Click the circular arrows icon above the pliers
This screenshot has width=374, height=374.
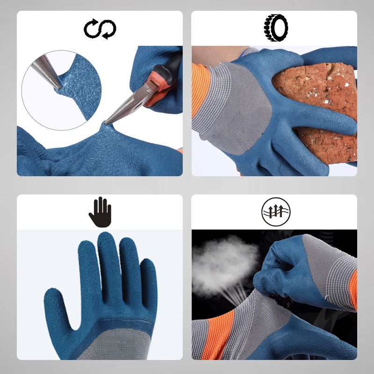point(100,29)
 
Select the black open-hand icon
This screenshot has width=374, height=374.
point(100,212)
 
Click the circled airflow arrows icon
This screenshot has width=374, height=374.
point(275,212)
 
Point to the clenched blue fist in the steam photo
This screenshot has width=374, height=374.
point(280,271)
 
